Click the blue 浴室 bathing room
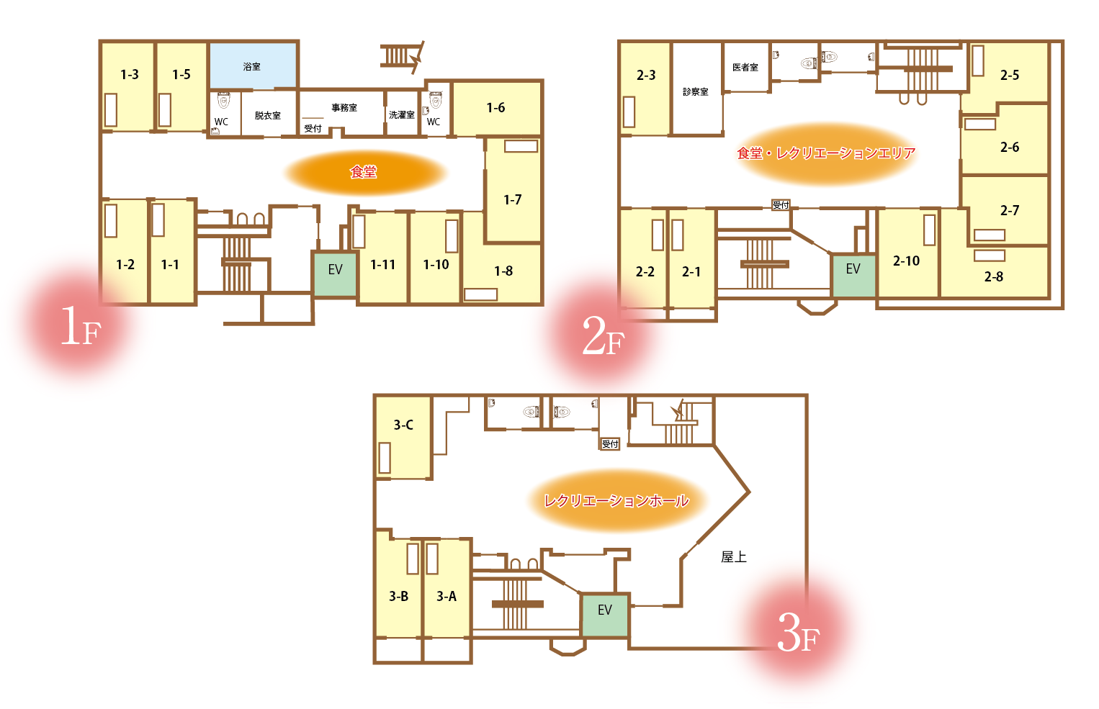(x=254, y=66)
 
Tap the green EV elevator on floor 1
(x=335, y=274)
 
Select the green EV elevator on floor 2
(x=853, y=276)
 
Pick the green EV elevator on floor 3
(x=605, y=615)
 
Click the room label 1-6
(x=495, y=108)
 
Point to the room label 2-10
(x=906, y=261)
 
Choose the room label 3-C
(x=403, y=425)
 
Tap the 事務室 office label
(x=344, y=107)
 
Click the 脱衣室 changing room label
(x=268, y=115)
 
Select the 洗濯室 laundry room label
(x=402, y=114)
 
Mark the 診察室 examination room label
(x=696, y=91)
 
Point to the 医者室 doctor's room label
(x=745, y=67)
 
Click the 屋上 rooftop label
(x=734, y=557)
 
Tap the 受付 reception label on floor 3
(x=610, y=443)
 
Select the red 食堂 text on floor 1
(x=363, y=172)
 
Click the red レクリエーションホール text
(x=616, y=500)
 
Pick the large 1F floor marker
(x=81, y=326)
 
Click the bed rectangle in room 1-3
(x=111, y=110)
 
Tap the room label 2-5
(x=1010, y=75)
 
